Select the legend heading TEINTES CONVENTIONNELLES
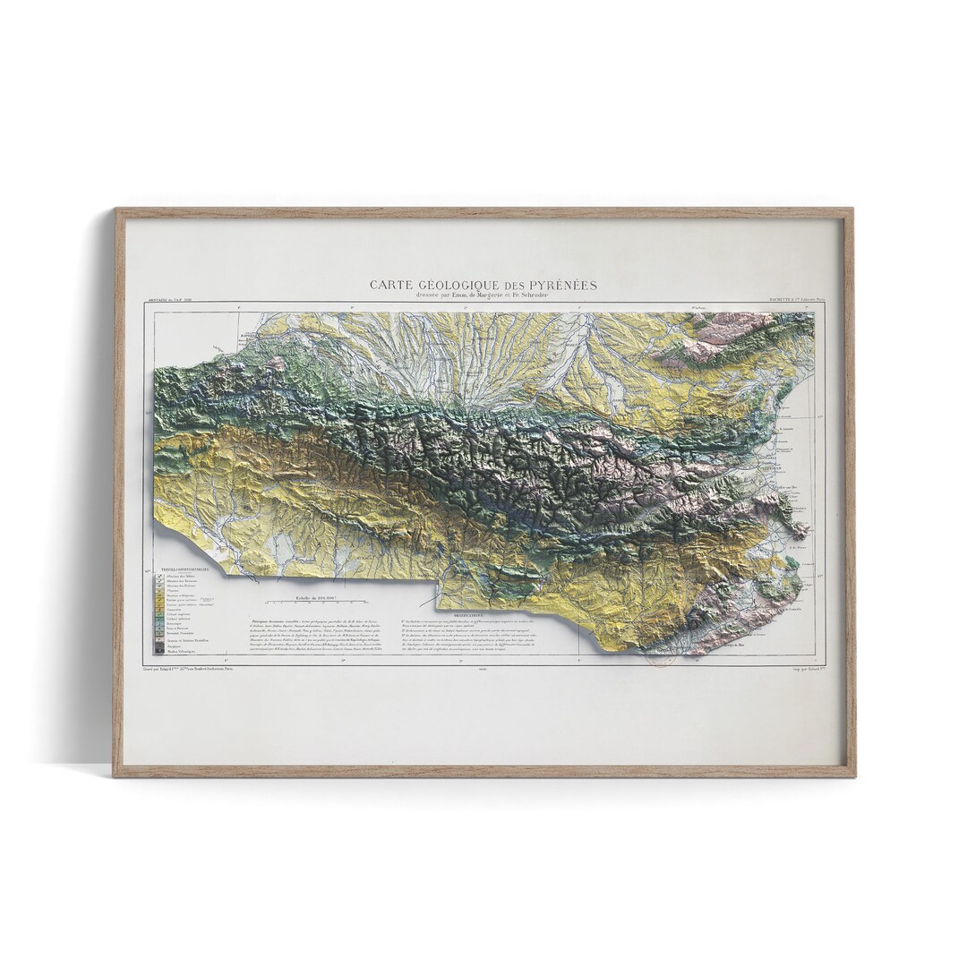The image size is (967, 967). pos(184,568)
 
